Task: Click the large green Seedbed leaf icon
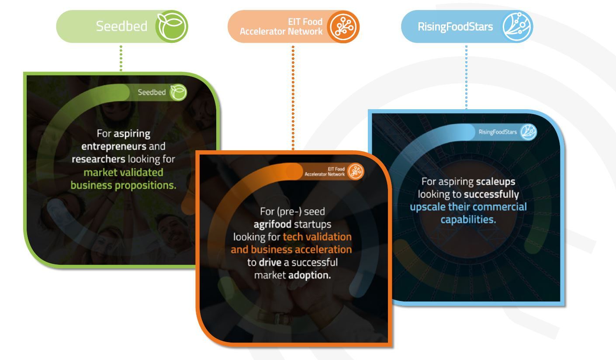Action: click(x=172, y=26)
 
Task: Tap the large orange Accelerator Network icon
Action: click(x=343, y=27)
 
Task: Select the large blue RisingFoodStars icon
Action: click(x=517, y=26)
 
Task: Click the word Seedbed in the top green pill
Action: click(x=121, y=26)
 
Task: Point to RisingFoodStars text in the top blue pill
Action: click(x=455, y=27)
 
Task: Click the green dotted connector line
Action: click(x=121, y=58)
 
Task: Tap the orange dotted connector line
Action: click(x=293, y=98)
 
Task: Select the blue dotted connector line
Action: click(x=467, y=77)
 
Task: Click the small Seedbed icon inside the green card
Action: click(x=178, y=93)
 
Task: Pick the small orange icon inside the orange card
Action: click(x=356, y=172)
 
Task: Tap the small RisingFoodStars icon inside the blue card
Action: click(x=528, y=132)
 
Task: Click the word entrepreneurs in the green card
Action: click(x=114, y=146)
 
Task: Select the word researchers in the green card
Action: click(x=98, y=159)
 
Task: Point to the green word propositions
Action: click(x=145, y=186)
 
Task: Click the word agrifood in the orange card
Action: click(x=272, y=225)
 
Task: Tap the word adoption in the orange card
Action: click(x=309, y=275)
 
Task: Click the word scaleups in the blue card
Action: click(x=495, y=182)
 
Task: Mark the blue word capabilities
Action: click(x=468, y=220)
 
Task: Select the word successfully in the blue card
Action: click(x=491, y=194)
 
